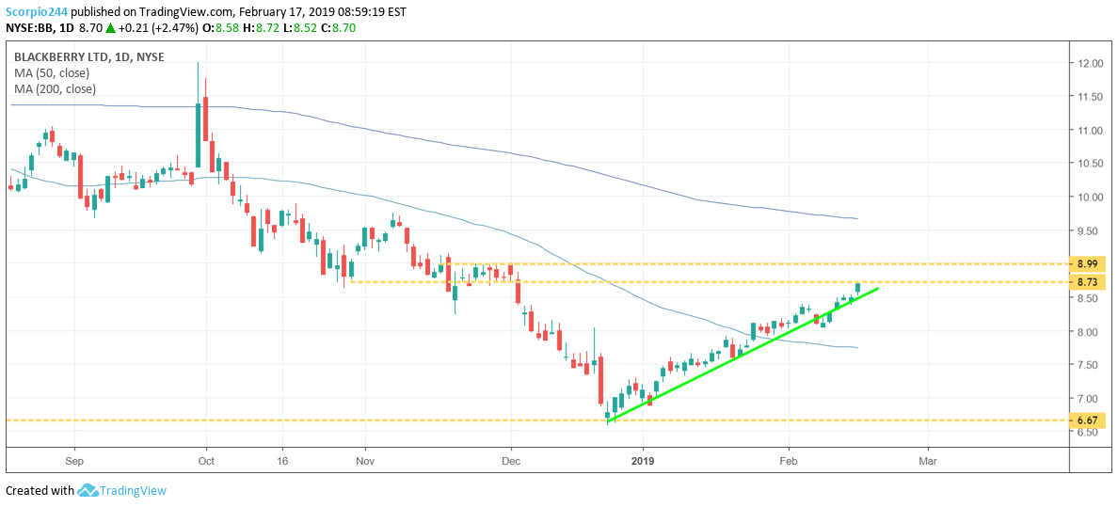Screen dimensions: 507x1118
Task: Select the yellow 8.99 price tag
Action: pyautogui.click(x=1090, y=264)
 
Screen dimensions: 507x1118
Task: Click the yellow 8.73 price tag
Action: pyautogui.click(x=1090, y=282)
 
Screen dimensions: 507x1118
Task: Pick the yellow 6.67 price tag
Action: pyautogui.click(x=1090, y=420)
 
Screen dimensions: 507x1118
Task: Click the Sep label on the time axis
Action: pyautogui.click(x=75, y=462)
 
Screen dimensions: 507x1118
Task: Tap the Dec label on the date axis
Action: pyautogui.click(x=511, y=462)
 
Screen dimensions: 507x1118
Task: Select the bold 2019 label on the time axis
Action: pyautogui.click(x=643, y=462)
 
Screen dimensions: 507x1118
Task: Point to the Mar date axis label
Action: pyautogui.click(x=928, y=462)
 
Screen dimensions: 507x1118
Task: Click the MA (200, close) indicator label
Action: pyautogui.click(x=55, y=89)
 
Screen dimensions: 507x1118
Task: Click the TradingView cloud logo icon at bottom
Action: pyautogui.click(x=88, y=490)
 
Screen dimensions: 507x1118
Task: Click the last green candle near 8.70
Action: pyautogui.click(x=857, y=287)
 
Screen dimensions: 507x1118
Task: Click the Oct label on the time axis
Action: pyautogui.click(x=206, y=462)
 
